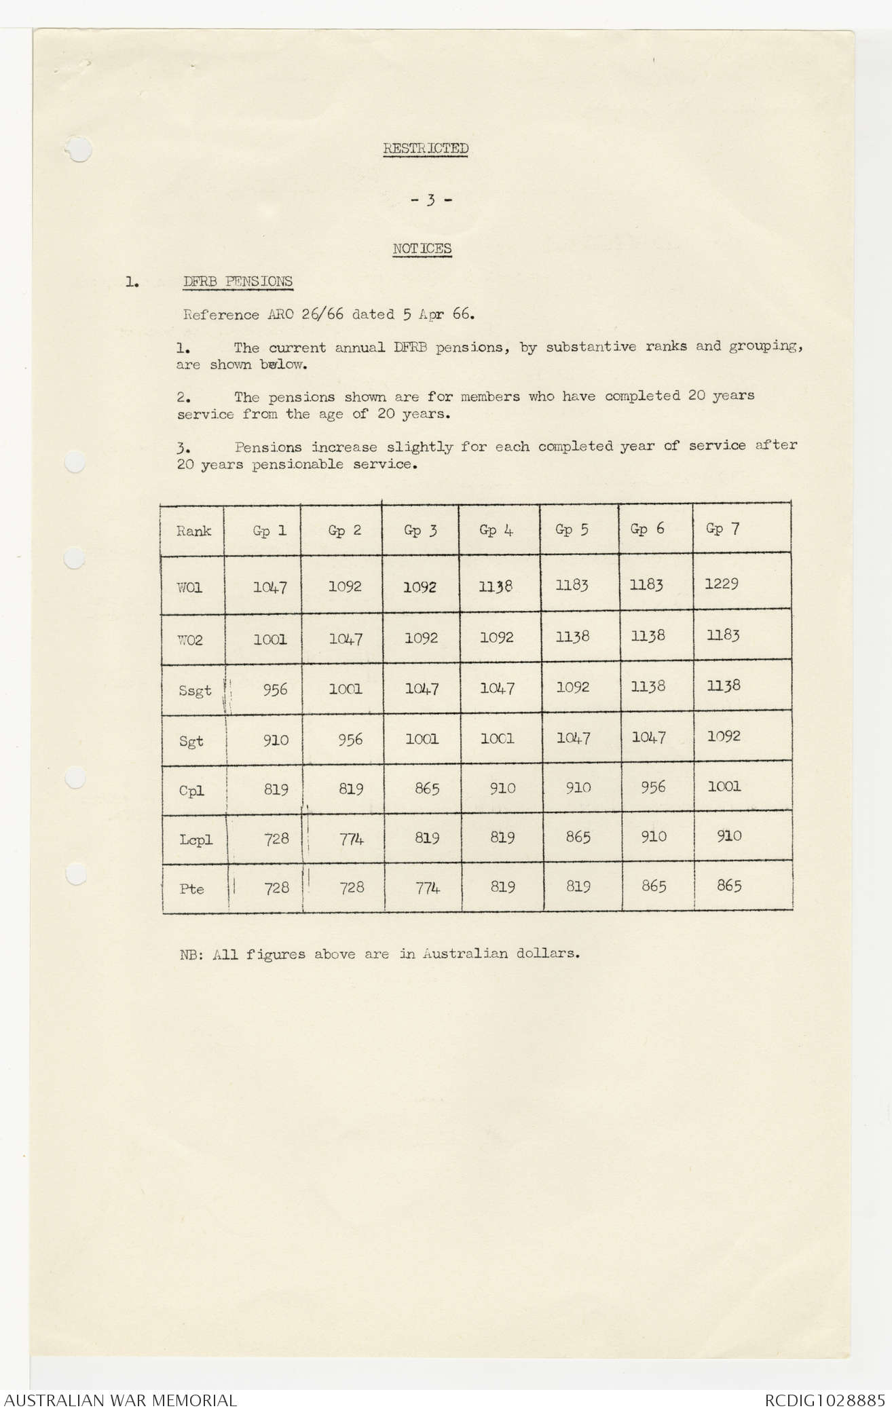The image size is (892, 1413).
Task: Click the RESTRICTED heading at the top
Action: click(426, 148)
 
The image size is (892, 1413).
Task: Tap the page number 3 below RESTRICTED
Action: click(430, 200)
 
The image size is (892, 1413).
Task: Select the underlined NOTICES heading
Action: click(422, 248)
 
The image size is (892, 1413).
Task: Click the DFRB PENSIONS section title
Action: click(238, 281)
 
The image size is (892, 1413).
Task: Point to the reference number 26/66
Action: click(322, 315)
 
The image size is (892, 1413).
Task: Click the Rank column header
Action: click(193, 531)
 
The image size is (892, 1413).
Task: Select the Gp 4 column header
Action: click(496, 530)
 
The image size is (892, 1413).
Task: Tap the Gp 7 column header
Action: click(722, 529)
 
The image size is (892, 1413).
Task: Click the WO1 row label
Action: click(190, 588)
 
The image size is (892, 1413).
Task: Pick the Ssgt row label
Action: click(195, 691)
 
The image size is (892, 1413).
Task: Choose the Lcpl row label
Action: click(196, 840)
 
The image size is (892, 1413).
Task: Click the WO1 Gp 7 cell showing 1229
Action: click(721, 584)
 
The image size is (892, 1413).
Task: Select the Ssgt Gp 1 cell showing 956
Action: click(275, 690)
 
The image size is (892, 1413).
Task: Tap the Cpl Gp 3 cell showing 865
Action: click(426, 789)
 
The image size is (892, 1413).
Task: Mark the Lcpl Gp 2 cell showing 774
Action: click(351, 839)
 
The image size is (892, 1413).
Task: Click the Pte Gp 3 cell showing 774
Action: click(426, 888)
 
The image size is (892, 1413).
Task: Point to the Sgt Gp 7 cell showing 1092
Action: click(723, 736)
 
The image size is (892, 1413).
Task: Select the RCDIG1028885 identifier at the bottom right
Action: click(824, 1400)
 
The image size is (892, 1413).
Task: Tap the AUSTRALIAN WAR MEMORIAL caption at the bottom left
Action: click(120, 1400)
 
